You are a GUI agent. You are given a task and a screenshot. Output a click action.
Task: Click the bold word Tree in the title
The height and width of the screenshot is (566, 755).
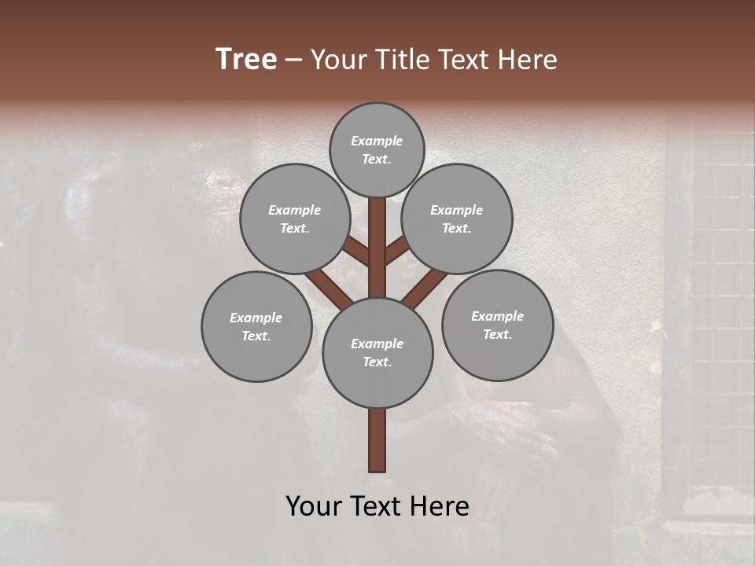pos(246,59)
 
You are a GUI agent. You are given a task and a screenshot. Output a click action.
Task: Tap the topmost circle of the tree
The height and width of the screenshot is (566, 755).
pos(377,149)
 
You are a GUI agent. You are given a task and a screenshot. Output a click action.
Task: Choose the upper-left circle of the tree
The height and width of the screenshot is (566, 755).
pos(294,219)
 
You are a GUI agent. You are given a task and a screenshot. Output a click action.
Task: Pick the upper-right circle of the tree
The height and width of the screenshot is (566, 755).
pos(456,219)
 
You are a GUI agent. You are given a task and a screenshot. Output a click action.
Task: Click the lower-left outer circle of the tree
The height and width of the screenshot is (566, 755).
pos(256,326)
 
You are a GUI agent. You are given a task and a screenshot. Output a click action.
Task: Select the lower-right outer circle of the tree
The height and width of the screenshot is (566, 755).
pos(497,325)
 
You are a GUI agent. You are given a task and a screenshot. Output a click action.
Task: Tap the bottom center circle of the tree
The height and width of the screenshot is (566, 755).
pos(377,353)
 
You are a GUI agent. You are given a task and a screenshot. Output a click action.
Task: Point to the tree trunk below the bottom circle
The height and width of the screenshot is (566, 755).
pos(377,440)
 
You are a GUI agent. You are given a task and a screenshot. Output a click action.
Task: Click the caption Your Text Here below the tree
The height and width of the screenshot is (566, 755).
pos(377,506)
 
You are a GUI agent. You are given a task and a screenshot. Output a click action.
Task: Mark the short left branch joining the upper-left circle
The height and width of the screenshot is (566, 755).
pos(356,252)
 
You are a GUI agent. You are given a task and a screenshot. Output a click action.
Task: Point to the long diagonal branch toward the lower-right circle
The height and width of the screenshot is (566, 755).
pos(425,286)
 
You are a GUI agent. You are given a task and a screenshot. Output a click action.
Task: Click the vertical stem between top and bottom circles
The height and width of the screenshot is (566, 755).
pos(377,248)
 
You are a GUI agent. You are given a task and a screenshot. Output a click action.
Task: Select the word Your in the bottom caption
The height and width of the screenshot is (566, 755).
pos(313,506)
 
